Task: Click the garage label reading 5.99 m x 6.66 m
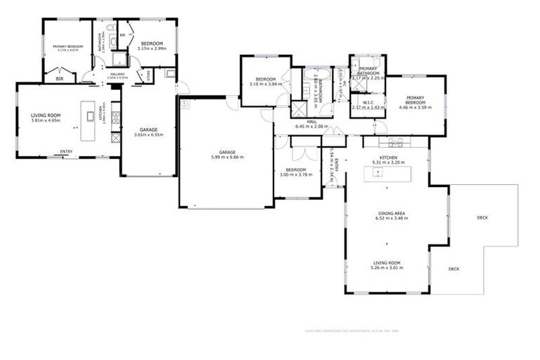tap(226, 155)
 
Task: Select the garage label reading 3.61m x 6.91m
tap(148, 131)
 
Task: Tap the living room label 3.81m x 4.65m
tap(45, 117)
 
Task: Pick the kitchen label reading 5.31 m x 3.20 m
tap(389, 160)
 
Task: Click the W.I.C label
tap(368, 105)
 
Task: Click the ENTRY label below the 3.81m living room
tap(66, 151)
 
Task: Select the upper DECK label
tap(482, 217)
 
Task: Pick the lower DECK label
tap(454, 269)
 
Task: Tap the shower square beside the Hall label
tap(299, 109)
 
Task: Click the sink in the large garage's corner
tap(185, 103)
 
